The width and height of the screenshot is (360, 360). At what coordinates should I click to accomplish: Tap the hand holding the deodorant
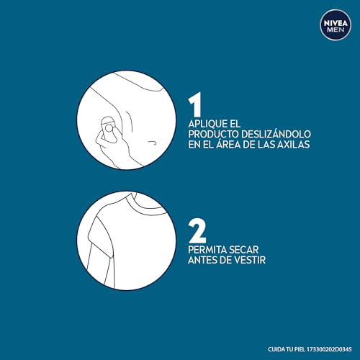pos(108,144)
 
